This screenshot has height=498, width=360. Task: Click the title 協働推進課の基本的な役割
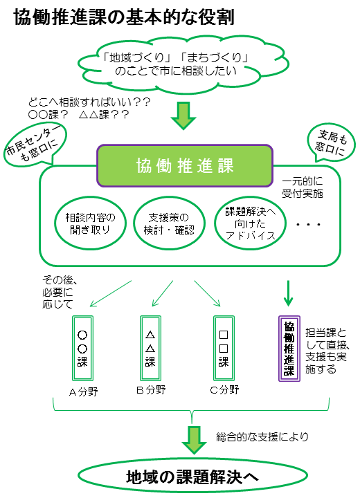(125, 17)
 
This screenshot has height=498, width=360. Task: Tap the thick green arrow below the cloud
(183, 116)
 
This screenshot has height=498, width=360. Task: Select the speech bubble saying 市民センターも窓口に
(35, 145)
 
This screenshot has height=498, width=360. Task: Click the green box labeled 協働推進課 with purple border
(185, 165)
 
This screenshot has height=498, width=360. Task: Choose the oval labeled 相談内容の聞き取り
(90, 223)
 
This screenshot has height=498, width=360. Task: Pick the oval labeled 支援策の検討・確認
(169, 223)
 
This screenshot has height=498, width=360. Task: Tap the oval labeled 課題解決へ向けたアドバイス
(250, 223)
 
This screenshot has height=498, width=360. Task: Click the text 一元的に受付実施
(302, 187)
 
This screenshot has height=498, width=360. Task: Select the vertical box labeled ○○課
(82, 348)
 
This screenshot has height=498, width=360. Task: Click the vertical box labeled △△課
(150, 348)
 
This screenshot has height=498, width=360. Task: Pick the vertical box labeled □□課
(224, 348)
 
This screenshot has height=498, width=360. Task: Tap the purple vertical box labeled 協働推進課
(289, 349)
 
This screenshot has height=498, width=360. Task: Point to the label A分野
(83, 392)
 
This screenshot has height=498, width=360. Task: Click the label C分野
(224, 389)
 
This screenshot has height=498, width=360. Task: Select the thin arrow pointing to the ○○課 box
(111, 293)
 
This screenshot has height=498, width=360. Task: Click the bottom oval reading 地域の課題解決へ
(192, 477)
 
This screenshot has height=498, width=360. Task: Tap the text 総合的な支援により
(262, 436)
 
